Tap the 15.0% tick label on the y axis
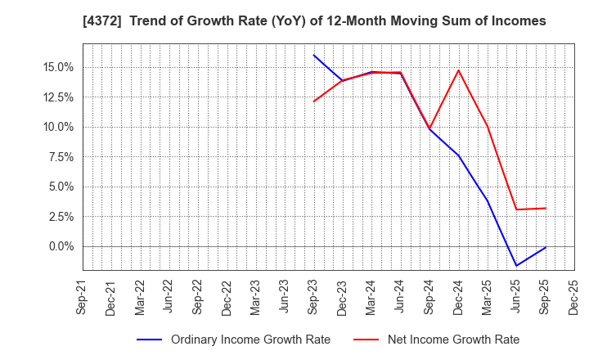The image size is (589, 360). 60,67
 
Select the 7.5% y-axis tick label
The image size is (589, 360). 62,157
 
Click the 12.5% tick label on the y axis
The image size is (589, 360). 60,97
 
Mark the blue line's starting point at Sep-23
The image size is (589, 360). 313,55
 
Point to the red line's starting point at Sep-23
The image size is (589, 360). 313,101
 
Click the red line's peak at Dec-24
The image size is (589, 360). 458,70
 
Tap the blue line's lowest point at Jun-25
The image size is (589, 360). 516,266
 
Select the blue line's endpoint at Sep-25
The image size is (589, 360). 546,247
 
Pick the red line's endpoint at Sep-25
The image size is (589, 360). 546,208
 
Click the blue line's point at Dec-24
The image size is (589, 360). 458,155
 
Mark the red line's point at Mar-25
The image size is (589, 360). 488,126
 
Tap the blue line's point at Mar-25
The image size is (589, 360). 488,200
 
